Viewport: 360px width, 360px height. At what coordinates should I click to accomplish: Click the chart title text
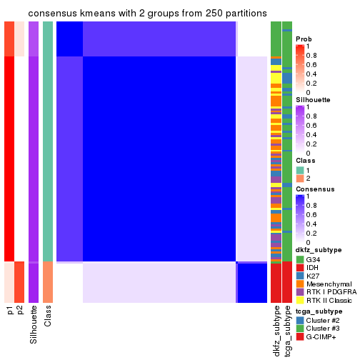point(147,14)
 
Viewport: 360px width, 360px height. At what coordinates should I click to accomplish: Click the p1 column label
point(10,311)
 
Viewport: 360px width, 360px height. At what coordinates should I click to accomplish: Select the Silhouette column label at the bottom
point(34,325)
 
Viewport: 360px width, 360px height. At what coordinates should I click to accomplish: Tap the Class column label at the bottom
point(48,316)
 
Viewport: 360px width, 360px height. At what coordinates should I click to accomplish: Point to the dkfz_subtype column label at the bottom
point(276,331)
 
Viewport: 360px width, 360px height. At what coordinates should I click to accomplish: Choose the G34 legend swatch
point(300,259)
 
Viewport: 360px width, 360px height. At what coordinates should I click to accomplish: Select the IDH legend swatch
point(300,268)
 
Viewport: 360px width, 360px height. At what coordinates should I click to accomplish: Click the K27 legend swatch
point(300,277)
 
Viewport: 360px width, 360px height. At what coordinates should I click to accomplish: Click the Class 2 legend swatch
point(300,179)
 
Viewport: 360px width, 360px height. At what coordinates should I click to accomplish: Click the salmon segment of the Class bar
point(48,282)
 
